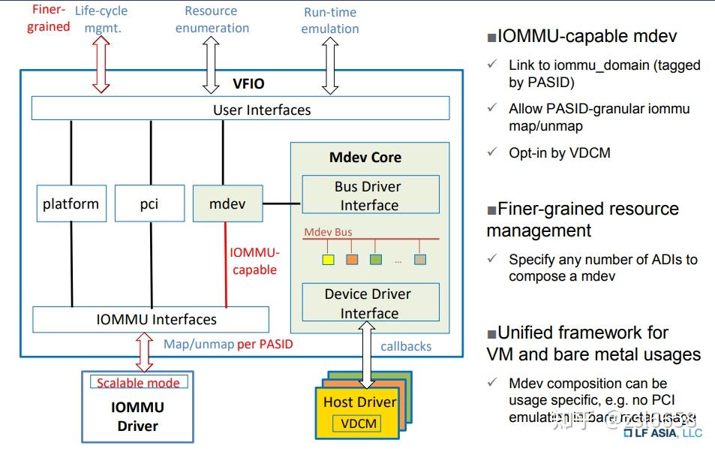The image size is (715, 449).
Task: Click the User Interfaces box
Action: (x=240, y=109)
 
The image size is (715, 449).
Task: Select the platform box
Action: (x=71, y=203)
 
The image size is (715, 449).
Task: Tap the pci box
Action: (x=150, y=203)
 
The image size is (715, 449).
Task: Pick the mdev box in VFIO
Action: (x=227, y=203)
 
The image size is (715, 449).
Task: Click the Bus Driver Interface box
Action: (x=370, y=195)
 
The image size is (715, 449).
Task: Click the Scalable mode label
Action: (x=139, y=382)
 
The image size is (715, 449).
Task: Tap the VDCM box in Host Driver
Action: (x=360, y=423)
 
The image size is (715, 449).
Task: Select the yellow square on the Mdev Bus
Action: (x=328, y=260)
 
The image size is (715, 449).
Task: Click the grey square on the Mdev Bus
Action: (x=420, y=260)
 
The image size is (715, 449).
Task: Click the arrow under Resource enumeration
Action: (x=211, y=66)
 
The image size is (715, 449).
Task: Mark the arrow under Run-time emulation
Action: (x=330, y=66)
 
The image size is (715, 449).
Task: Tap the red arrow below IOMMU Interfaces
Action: (x=145, y=352)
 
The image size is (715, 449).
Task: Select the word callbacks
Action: (x=406, y=346)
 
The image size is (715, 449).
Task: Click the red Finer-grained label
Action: (x=49, y=19)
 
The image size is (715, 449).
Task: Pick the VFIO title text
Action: (x=249, y=84)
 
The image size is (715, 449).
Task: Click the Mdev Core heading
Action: (x=365, y=158)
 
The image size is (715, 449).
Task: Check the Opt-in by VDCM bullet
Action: (x=559, y=152)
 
